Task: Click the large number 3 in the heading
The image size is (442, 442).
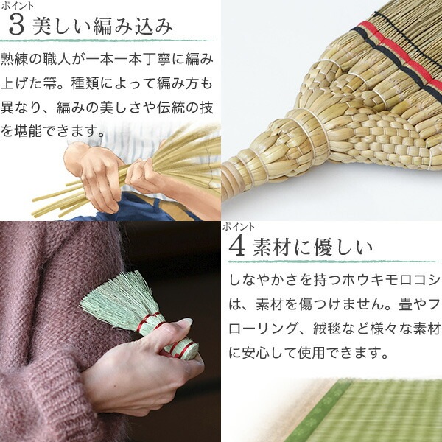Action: [16, 26]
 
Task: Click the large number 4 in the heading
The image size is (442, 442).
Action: [236, 247]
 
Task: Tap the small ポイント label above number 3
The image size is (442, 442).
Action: [17, 6]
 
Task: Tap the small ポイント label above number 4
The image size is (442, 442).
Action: [239, 227]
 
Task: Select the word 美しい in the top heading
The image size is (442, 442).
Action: [60, 26]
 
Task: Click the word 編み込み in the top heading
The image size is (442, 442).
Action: [133, 26]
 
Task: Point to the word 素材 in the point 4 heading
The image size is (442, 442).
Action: [272, 248]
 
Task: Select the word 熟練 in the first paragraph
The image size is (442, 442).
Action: [14, 59]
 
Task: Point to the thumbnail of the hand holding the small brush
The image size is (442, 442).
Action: [110, 331]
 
